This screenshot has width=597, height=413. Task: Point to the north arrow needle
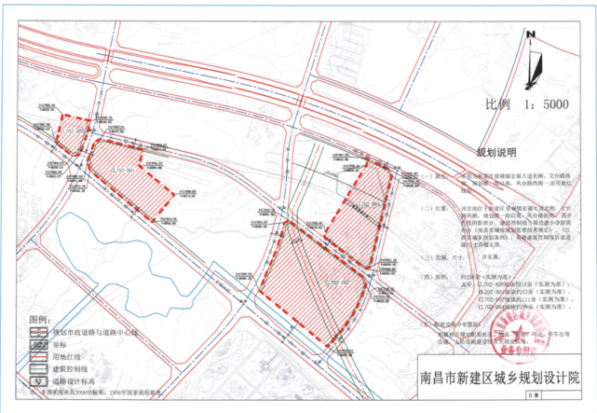pyautogui.click(x=532, y=63)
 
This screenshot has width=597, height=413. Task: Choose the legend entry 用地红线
pyautogui.click(x=64, y=355)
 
